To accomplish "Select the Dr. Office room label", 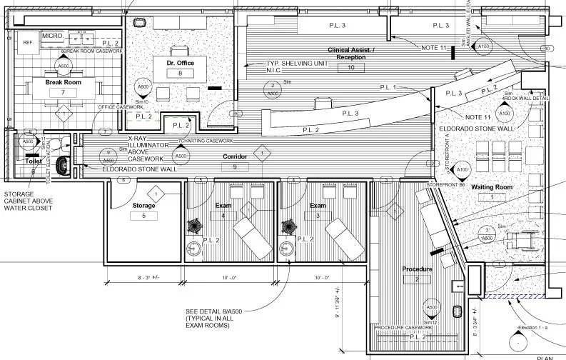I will (181, 64).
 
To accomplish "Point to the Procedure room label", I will (418, 269).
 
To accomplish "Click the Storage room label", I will (143, 206).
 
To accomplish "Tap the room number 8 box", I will (181, 74).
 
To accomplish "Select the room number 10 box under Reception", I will (350, 67).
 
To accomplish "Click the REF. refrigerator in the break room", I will (29, 42).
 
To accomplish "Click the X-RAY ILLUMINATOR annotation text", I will (146, 149).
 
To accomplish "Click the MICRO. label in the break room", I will (53, 35).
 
